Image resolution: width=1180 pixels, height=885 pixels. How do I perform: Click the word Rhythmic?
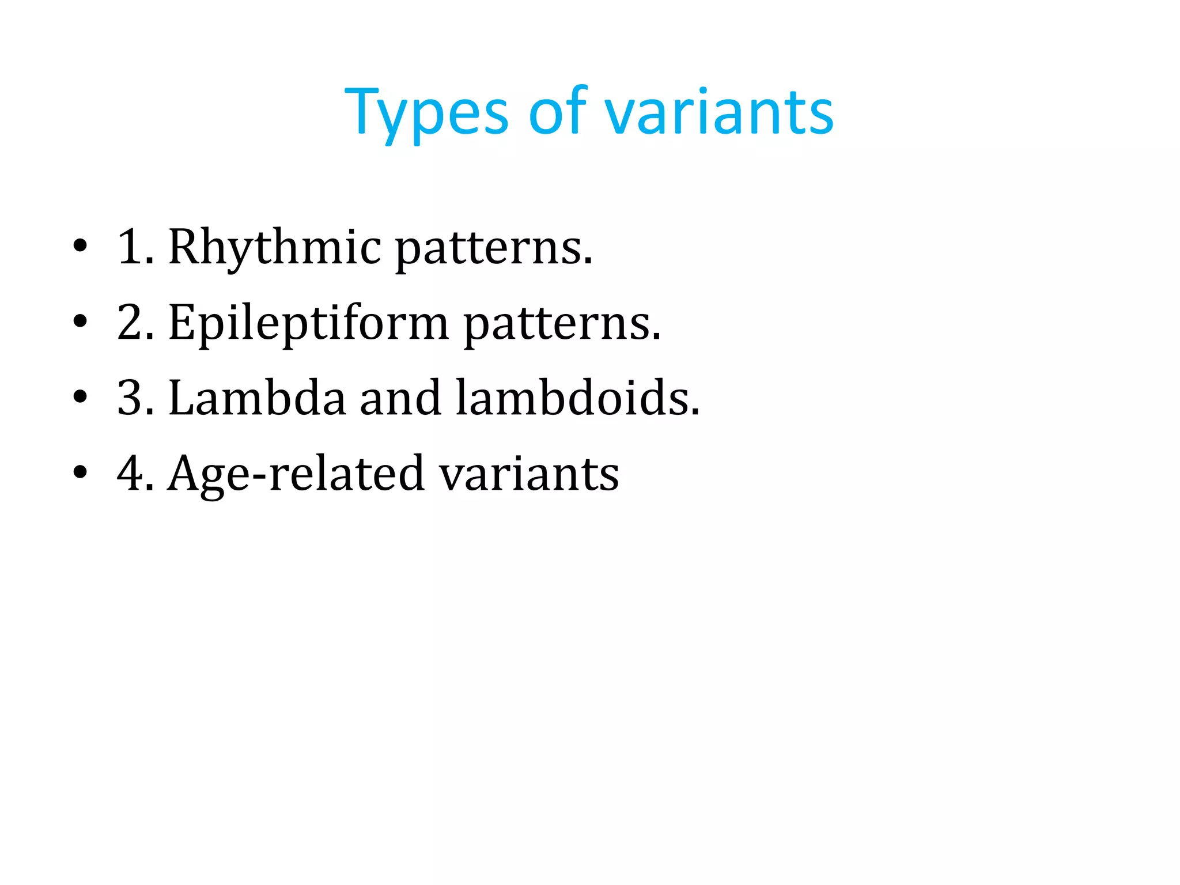click(x=274, y=248)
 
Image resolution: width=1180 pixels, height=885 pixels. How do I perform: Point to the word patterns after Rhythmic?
click(x=493, y=249)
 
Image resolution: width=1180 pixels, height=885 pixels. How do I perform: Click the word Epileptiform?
click(x=308, y=323)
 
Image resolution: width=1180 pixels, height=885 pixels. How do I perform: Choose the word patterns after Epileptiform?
click(x=562, y=324)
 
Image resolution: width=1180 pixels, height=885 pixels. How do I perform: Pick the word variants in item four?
click(x=529, y=474)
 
